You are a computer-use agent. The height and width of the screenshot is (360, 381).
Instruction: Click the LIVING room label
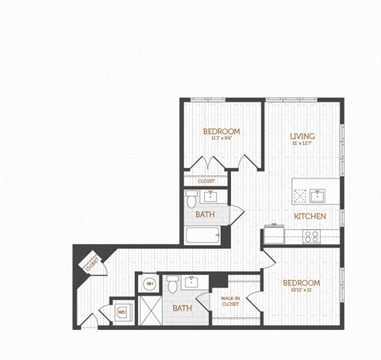[302, 136]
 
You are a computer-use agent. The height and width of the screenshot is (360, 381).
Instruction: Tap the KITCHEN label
[306, 216]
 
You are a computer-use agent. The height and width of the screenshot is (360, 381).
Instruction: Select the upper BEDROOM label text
[221, 131]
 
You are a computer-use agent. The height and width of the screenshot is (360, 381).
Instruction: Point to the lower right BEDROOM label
[302, 283]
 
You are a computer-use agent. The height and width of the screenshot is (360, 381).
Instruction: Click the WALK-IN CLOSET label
[230, 300]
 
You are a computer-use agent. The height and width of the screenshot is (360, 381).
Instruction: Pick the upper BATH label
[205, 215]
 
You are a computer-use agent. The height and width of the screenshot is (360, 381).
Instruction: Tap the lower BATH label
[183, 308]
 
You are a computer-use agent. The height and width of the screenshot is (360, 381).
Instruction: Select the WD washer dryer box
[122, 312]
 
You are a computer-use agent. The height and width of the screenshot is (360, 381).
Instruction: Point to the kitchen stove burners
[312, 236]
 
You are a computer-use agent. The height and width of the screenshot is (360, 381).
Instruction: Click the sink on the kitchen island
[315, 194]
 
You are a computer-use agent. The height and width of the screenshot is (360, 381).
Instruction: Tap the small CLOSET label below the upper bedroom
[206, 181]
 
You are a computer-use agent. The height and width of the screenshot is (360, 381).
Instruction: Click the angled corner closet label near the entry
[91, 262]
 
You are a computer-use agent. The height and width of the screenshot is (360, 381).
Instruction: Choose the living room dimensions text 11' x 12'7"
[302, 144]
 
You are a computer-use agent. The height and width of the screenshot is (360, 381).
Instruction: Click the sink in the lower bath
[193, 282]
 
